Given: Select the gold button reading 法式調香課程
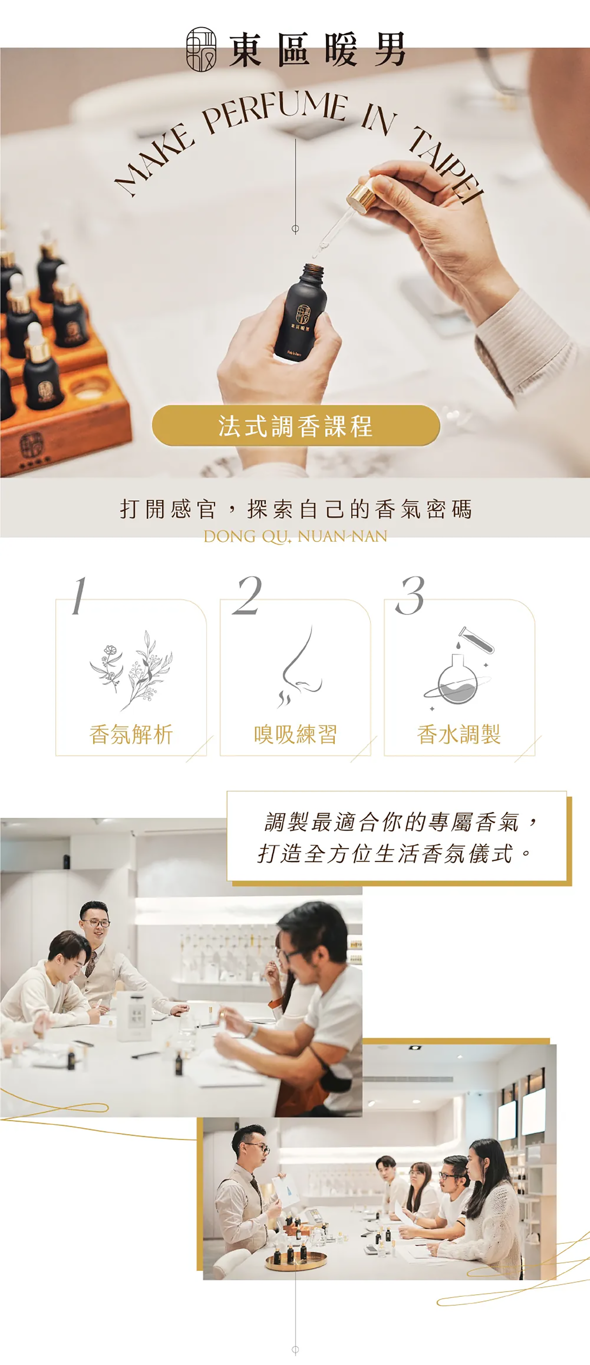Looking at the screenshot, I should click(296, 425).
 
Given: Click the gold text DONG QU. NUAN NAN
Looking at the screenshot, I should click(295, 536).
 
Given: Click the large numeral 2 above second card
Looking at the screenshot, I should click(247, 596).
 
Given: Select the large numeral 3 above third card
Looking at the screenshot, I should click(410, 596).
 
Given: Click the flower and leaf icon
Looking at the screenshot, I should click(132, 670).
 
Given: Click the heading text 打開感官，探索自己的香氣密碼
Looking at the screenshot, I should click(295, 509).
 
